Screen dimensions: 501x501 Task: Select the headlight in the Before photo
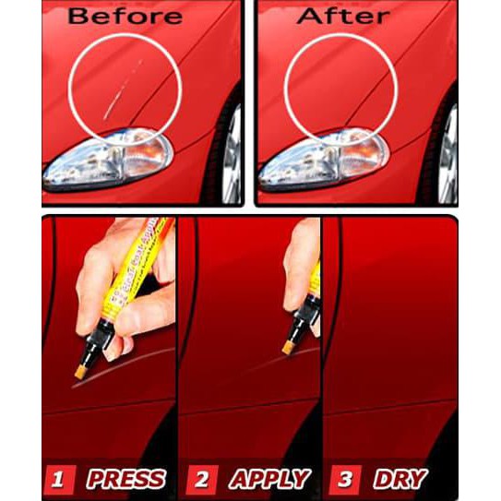click(106, 159)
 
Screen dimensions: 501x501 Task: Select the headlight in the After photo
click(319, 159)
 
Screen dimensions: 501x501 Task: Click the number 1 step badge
click(58, 479)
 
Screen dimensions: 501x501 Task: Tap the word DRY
click(401, 479)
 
